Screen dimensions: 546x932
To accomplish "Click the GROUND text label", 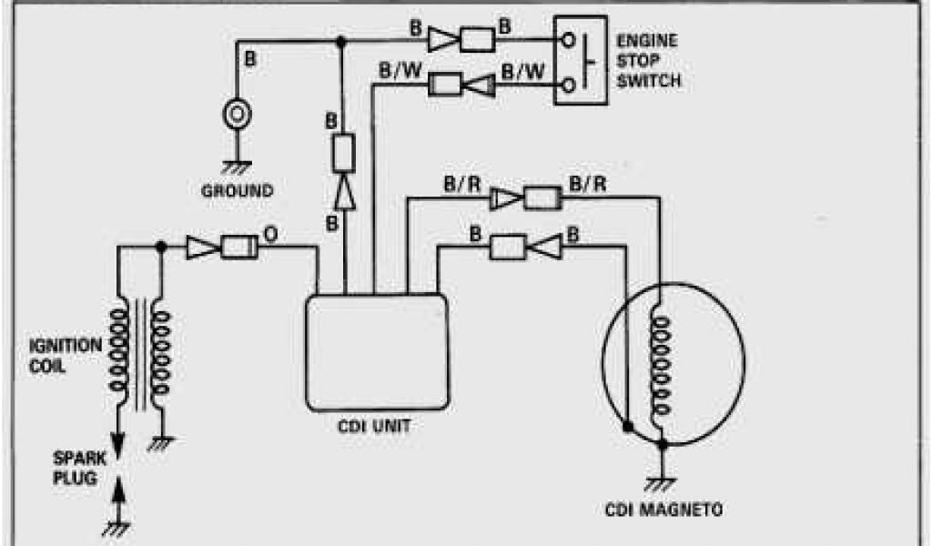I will [x=237, y=191].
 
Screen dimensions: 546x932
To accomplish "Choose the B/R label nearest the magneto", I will [x=586, y=185].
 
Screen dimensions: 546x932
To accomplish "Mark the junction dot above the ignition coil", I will [x=161, y=247].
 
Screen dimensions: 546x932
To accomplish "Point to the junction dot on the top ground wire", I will [x=340, y=41].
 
